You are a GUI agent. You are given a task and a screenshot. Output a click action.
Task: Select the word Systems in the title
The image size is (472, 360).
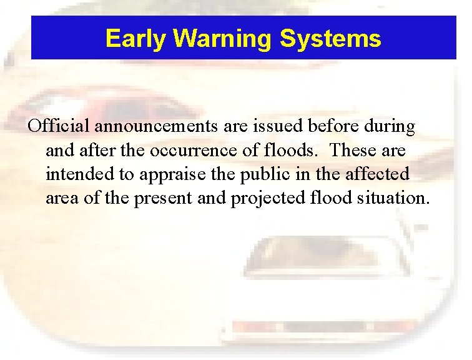click(x=330, y=39)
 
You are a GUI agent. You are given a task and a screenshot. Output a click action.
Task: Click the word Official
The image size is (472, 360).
click(x=60, y=126)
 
